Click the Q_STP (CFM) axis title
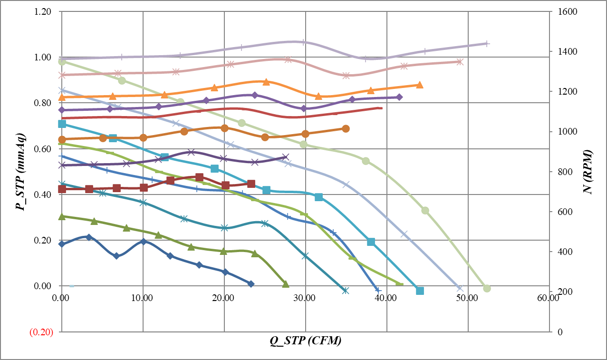click(x=306, y=341)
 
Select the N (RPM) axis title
click(x=588, y=172)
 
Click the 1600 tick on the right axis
click(x=562, y=11)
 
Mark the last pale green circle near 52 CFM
click(x=487, y=288)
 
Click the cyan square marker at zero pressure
click(x=420, y=291)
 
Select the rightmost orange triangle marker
click(x=419, y=85)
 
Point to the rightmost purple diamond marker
click(x=399, y=97)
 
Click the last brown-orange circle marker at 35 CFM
click(x=346, y=129)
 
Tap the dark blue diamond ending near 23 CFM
click(x=251, y=283)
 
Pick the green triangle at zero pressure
click(x=286, y=284)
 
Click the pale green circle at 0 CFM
click(x=62, y=61)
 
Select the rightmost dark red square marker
click(x=251, y=184)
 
